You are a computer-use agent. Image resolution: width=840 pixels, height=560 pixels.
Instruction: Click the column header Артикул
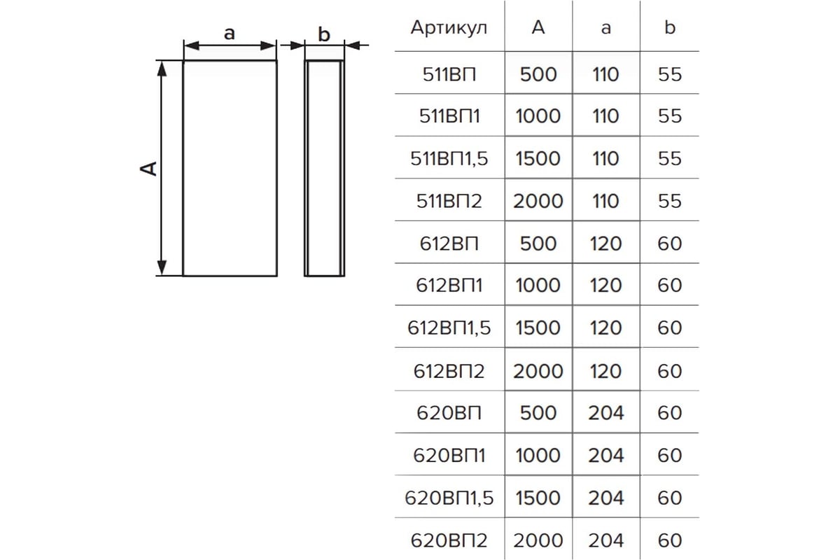coord(449,28)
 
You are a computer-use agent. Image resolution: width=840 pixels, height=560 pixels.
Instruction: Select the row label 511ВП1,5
coord(449,158)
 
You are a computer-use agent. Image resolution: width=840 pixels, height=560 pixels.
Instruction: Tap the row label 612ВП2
coord(449,370)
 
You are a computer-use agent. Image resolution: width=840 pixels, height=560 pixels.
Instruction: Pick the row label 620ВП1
coord(449,455)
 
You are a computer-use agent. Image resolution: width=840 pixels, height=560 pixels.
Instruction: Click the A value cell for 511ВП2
coord(538,201)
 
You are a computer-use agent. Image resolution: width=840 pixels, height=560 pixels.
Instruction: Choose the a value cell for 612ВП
coord(605,243)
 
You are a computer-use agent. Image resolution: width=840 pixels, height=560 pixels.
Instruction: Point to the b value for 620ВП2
coord(670,540)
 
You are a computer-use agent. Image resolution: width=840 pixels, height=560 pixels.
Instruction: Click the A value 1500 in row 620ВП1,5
coord(538,498)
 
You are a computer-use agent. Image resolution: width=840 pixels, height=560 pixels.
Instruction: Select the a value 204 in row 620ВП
coord(605,413)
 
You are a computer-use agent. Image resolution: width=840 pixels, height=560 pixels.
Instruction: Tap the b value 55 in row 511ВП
coord(670,73)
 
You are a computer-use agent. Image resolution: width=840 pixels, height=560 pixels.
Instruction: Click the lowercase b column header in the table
coord(670,28)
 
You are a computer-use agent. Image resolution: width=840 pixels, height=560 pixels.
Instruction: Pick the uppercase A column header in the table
coord(538,28)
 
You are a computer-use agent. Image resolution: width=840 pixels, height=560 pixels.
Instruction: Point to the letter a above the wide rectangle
coord(229,33)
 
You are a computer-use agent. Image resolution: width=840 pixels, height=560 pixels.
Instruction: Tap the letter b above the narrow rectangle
coord(323,34)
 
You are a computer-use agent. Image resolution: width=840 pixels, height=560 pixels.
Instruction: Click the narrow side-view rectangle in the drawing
coord(323,168)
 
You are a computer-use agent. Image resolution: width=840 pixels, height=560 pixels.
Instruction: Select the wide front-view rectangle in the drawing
coord(230,168)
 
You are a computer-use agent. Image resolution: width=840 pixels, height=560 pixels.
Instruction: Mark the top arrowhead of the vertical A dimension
coord(162,66)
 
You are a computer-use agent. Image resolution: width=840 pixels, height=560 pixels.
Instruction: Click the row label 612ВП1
coord(449,286)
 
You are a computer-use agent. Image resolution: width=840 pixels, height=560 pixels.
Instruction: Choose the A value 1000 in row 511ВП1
coord(538,115)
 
